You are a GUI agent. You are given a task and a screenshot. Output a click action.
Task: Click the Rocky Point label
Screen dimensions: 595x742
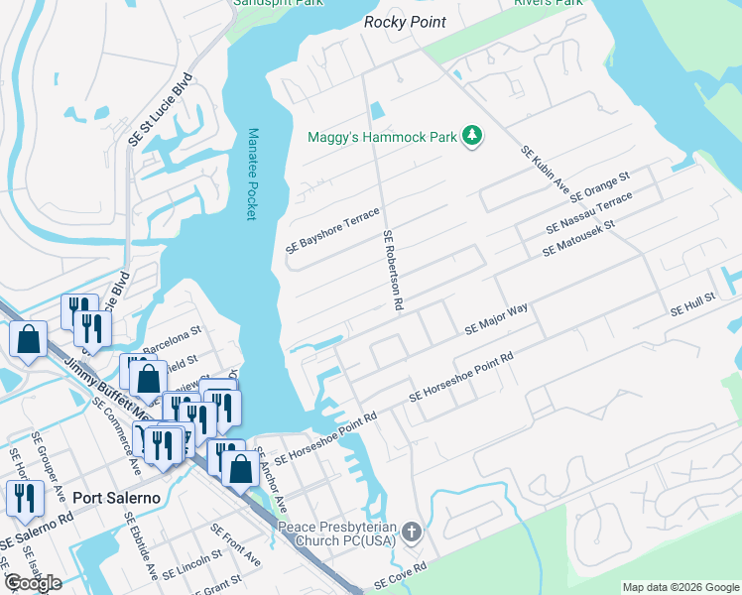pos(405,22)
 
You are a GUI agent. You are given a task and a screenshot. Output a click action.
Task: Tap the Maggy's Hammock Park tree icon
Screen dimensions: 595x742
pos(473,136)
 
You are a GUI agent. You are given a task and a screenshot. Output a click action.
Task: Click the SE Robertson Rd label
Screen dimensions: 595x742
pos(393,272)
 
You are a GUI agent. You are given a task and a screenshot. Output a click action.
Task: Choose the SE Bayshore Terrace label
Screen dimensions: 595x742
pos(332,231)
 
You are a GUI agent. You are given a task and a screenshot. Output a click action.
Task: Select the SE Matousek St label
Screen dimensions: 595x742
pos(579,239)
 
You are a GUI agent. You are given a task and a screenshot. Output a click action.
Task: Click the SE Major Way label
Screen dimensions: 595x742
pos(496,320)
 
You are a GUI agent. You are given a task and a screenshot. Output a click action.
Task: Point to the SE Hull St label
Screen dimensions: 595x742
pos(692,303)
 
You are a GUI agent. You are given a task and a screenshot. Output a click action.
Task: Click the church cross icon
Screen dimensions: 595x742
pos(413,534)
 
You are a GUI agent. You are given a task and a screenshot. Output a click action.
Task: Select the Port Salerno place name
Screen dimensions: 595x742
pos(117,498)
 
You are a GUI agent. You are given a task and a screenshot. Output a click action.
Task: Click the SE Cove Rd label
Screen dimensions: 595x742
pos(400,574)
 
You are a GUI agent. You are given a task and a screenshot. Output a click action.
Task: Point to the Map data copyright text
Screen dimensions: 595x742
pos(680,588)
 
